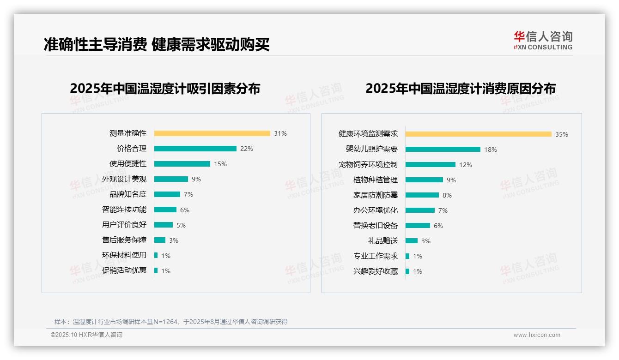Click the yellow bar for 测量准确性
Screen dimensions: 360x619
click(212, 133)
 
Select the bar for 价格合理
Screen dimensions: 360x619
click(195, 149)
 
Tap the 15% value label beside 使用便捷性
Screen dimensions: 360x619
click(220, 164)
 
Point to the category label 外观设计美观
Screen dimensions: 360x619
click(124, 179)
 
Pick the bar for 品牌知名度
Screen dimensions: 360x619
click(167, 194)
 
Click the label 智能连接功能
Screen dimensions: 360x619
click(124, 210)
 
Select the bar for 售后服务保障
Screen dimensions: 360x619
click(160, 240)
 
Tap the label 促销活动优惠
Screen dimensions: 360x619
click(124, 270)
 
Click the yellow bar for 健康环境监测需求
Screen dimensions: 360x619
click(479, 134)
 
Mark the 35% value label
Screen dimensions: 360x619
click(562, 134)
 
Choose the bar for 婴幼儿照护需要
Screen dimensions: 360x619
click(443, 150)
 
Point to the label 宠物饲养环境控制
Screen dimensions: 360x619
click(368, 165)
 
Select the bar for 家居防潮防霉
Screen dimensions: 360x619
click(422, 195)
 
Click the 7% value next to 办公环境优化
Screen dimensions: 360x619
click(443, 210)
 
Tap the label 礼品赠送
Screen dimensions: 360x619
click(383, 241)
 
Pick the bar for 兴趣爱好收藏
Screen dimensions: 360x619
click(407, 271)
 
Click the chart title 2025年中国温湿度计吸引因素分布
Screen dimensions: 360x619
click(165, 88)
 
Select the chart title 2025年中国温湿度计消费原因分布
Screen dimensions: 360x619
click(461, 88)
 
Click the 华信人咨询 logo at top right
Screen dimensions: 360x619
click(543, 40)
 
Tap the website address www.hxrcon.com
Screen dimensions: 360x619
click(537, 335)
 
